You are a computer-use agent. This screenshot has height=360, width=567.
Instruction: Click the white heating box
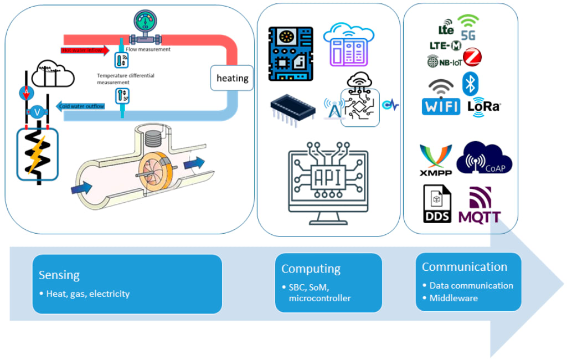point(232,78)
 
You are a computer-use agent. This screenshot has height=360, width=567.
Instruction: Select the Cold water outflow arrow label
point(81,106)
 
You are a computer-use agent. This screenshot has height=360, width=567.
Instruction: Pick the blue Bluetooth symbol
point(470,83)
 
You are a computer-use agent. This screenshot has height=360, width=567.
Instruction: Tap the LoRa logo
point(484,106)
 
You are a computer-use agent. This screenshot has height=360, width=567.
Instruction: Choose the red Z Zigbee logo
point(472,57)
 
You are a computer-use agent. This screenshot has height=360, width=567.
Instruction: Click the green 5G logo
point(468,27)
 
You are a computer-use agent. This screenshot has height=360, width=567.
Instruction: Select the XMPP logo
point(436,160)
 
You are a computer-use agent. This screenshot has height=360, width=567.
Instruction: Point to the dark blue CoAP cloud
point(485,158)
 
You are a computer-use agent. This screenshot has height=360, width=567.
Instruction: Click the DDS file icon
point(437,204)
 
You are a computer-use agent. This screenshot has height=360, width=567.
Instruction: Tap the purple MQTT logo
point(480,205)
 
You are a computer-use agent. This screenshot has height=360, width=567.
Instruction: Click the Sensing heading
point(59,275)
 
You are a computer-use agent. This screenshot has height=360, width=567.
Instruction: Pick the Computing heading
point(311,269)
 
